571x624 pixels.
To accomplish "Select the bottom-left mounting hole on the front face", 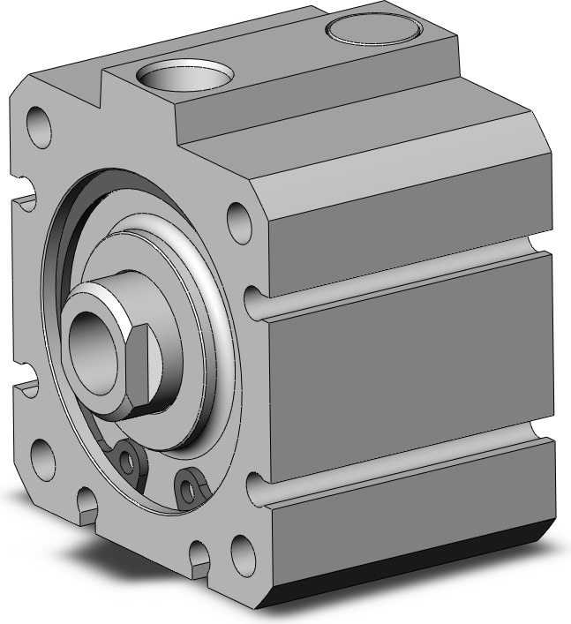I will coord(42,458).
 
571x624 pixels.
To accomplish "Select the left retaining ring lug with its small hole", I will coord(129,458).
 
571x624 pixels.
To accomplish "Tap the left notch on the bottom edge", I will coord(86,503).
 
